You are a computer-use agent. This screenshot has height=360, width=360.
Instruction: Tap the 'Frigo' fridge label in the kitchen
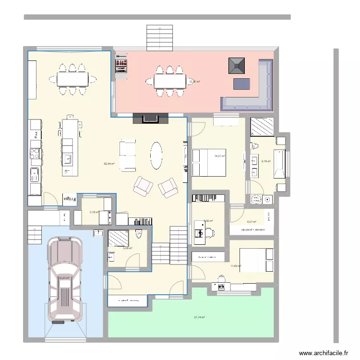(71, 198)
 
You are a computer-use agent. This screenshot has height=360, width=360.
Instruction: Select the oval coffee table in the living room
(157, 155)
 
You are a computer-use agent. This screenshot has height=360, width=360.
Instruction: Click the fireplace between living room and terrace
(150, 119)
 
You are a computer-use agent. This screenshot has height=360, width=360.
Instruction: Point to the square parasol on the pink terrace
(237, 65)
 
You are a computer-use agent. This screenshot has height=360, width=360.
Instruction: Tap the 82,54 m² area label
(109, 164)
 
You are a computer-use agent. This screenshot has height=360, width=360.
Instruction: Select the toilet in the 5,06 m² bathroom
(140, 235)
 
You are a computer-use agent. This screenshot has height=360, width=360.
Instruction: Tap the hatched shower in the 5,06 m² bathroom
(118, 238)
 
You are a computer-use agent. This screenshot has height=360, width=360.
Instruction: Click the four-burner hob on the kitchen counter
(35, 153)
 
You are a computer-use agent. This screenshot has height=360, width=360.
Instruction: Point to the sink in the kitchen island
(68, 159)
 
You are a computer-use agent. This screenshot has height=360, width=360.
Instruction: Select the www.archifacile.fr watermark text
(324, 353)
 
